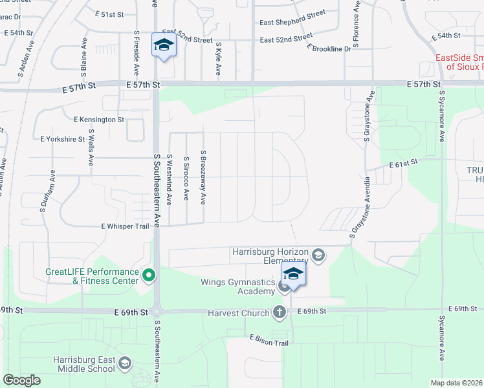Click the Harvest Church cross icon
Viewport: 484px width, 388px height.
pyautogui.click(x=280, y=312)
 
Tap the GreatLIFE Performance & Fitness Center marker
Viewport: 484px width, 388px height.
pyautogui.click(x=149, y=275)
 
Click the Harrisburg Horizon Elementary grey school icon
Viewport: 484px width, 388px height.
pyautogui.click(x=318, y=255)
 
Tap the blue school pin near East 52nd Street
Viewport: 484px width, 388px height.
pyautogui.click(x=164, y=45)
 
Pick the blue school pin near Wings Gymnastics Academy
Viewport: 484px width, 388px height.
pyautogui.click(x=293, y=274)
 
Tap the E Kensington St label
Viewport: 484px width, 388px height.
pyautogui.click(x=99, y=120)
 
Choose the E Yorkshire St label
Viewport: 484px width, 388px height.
pyautogui.click(x=62, y=139)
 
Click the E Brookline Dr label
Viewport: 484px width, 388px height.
pyautogui.click(x=329, y=48)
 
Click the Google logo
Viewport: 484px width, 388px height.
pyautogui.click(x=21, y=380)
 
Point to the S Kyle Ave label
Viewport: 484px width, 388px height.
pyautogui.click(x=217, y=59)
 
